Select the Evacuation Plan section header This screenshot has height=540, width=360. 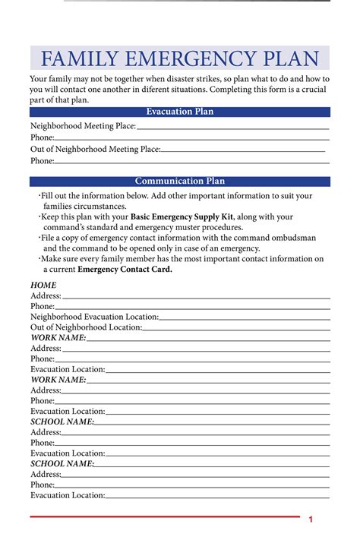pos(180,112)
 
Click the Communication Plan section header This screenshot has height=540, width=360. pos(180,181)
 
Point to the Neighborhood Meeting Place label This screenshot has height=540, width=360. pos(83,125)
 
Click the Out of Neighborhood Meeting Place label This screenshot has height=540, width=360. pos(95,149)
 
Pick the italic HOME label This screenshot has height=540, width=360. pos(43,285)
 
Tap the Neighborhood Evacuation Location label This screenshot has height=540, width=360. pos(94,316)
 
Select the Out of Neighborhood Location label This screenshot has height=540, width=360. pos(86,327)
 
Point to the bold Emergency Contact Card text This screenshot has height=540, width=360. pos(125,269)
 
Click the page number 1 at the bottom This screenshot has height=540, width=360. pos(311,519)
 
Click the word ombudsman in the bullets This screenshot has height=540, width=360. pos(296,238)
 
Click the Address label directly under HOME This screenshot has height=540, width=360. pos(46,295)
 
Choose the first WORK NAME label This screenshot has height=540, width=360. pos(58,337)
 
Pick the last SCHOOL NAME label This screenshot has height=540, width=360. pos(62,463)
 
